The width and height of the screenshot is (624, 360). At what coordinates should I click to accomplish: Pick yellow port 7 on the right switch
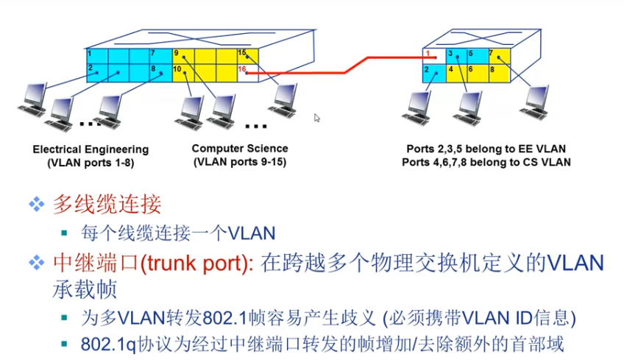tap(497, 56)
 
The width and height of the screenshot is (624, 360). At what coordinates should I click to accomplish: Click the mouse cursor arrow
tap(317, 118)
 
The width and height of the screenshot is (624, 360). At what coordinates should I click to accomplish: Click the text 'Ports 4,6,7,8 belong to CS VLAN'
tap(486, 162)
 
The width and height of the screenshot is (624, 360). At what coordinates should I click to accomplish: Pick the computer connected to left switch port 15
tap(283, 100)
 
